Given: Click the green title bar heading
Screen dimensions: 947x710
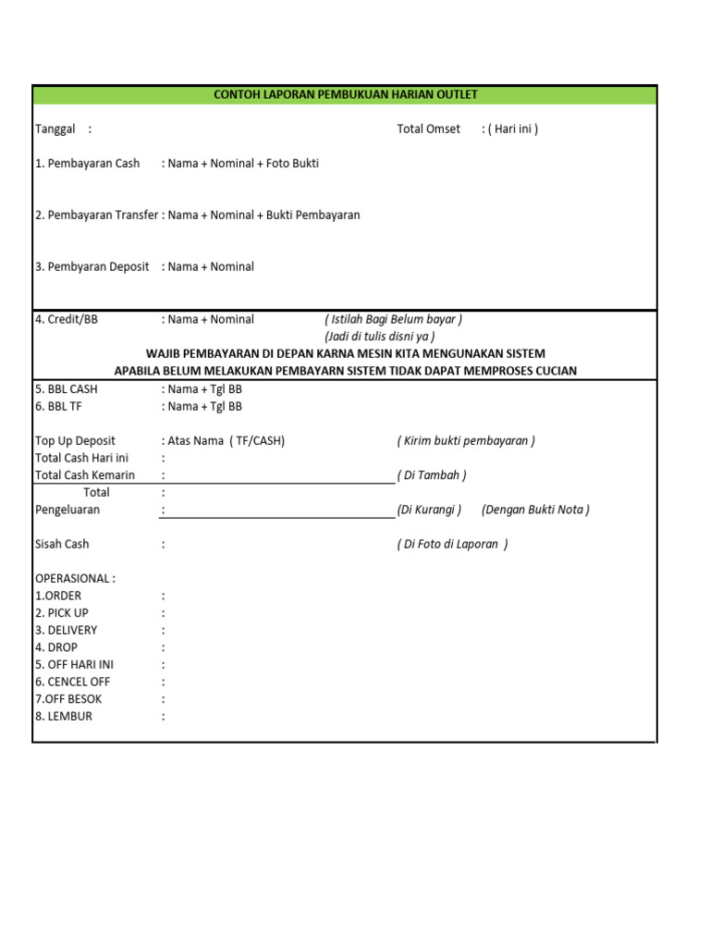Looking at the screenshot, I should (x=345, y=94).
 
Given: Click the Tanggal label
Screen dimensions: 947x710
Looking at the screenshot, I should (x=55, y=129).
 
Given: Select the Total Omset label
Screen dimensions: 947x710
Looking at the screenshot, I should (x=428, y=129).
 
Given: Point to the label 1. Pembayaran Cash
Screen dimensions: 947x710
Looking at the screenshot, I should (x=87, y=163).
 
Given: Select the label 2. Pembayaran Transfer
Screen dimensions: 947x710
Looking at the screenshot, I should (x=96, y=215).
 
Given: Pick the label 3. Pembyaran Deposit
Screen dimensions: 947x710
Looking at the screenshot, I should (x=92, y=266).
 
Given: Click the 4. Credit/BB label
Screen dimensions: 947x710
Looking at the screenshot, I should (x=66, y=319).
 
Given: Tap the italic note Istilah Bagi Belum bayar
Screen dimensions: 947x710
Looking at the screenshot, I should (x=393, y=319).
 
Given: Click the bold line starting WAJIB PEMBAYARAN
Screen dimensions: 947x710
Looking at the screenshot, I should (x=346, y=353).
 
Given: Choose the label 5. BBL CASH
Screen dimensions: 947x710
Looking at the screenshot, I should (x=66, y=388).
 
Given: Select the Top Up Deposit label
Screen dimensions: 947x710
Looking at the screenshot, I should (x=75, y=440).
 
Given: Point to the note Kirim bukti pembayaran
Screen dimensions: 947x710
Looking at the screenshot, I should (x=466, y=440).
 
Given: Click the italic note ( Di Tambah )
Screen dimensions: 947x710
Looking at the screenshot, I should (x=432, y=475).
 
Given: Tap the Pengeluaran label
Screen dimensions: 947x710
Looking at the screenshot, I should (x=67, y=510).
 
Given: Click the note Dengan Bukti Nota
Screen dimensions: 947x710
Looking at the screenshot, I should (x=535, y=510).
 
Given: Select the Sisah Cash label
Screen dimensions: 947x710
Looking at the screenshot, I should (x=62, y=544).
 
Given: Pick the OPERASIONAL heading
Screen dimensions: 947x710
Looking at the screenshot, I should (x=75, y=578).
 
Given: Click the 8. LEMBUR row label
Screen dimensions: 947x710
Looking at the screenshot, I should (x=64, y=716).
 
